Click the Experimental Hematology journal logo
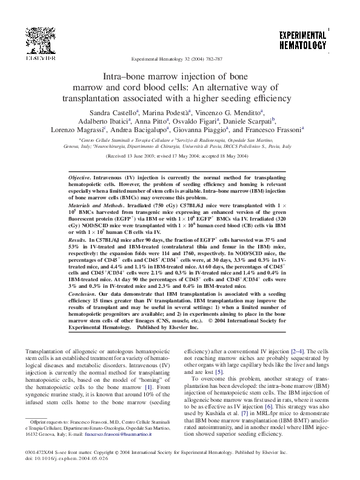click(x=302, y=41)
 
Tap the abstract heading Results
click(x=76, y=241)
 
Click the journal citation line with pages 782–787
click(x=179, y=61)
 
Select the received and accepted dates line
click(x=179, y=155)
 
